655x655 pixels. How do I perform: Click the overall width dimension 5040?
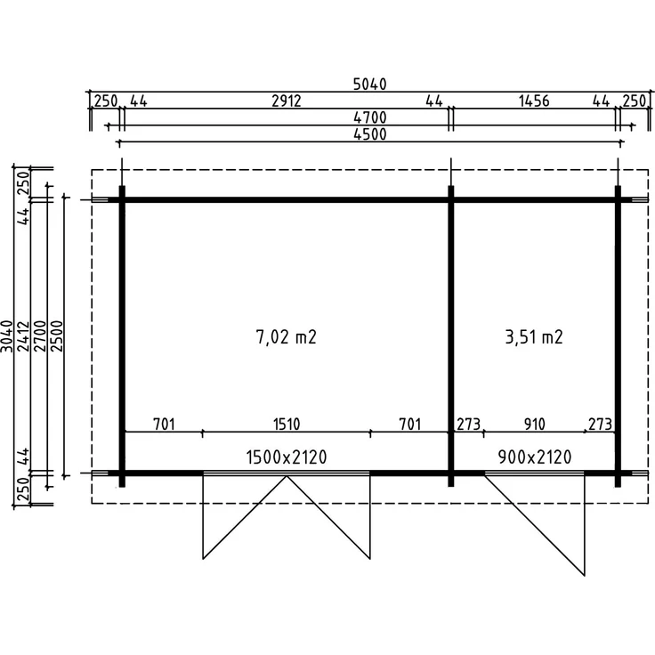(x=369, y=85)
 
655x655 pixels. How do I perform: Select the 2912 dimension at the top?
(x=287, y=101)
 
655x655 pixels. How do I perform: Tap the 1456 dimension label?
(x=534, y=101)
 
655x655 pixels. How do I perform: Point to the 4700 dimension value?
(x=369, y=117)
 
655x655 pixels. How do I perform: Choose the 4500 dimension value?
(x=369, y=134)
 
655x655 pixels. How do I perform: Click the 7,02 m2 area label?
(x=287, y=336)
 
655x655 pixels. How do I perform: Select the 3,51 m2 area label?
(x=534, y=336)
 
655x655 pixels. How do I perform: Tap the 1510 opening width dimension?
(x=287, y=424)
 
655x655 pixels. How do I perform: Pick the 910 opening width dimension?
(x=534, y=424)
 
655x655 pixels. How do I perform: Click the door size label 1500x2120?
(x=287, y=457)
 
